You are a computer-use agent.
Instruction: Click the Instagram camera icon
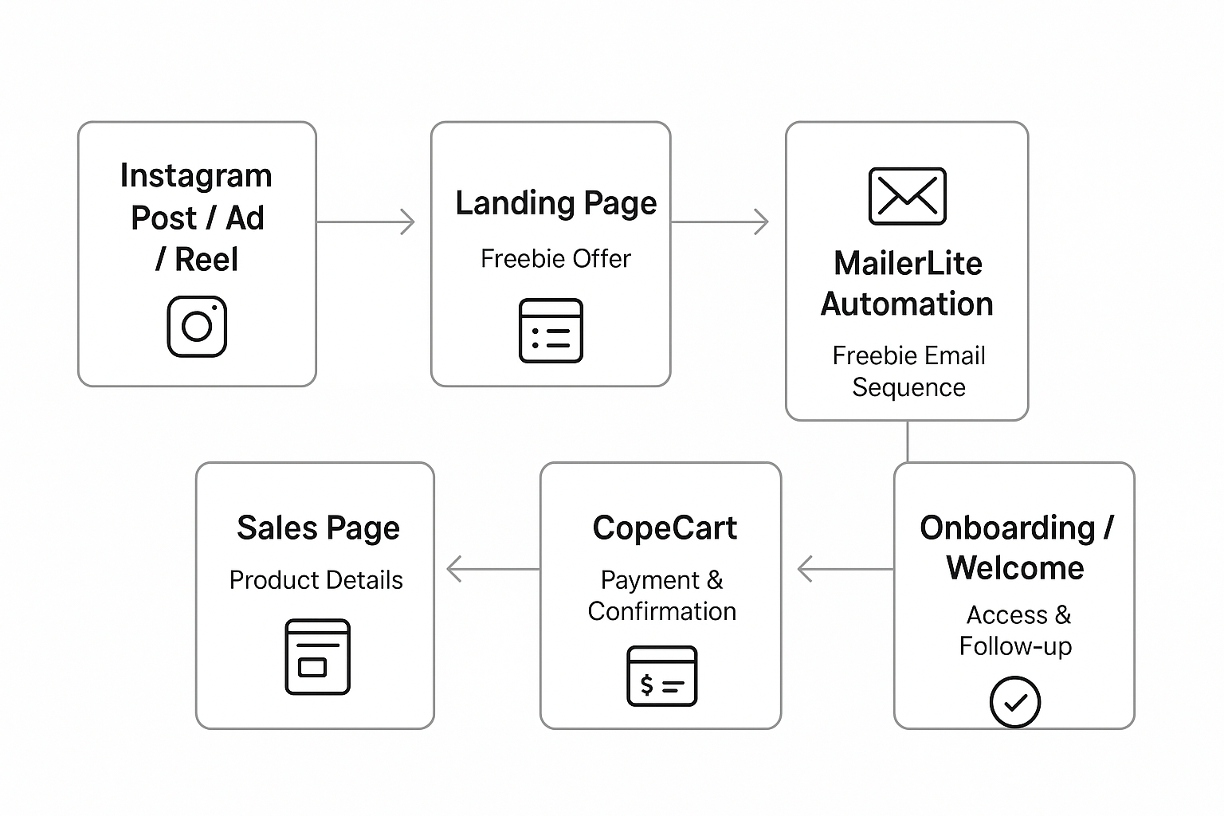197,327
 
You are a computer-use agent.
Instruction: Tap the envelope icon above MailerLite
907,196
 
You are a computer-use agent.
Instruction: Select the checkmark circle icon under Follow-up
1014,702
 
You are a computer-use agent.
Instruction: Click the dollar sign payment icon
661,677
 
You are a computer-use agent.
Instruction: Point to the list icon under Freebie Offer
551,331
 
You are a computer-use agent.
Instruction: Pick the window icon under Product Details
317,657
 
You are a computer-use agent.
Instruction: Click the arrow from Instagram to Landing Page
367,222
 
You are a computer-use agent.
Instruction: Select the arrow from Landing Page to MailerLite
720,222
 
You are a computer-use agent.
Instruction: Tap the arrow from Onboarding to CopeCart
845,569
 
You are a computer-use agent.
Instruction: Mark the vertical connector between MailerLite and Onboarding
908,441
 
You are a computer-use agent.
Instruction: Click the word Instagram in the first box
196,176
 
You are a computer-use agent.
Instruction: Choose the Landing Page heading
555,203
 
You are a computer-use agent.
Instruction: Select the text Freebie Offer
555,259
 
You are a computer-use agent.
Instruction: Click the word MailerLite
908,264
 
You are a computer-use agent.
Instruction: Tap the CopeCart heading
665,528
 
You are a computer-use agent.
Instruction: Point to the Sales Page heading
318,528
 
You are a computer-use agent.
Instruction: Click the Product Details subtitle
316,580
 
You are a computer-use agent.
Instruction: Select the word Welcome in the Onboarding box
1014,568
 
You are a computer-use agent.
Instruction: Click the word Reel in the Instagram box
206,260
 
